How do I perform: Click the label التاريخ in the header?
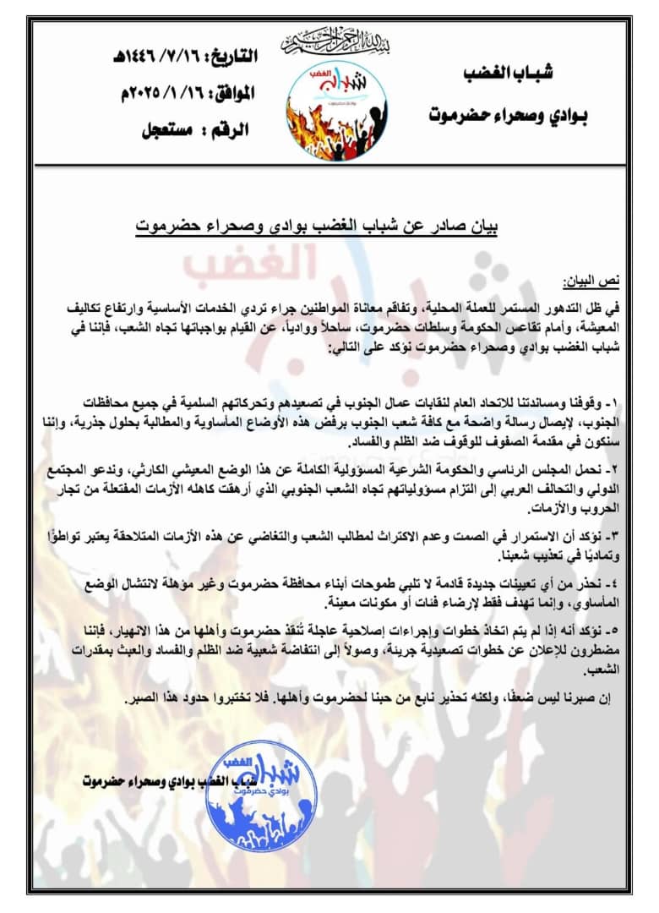230,57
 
